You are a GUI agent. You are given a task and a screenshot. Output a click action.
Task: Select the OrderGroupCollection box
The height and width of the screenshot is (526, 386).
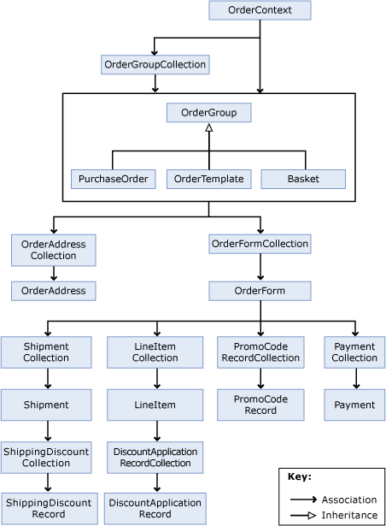pos(155,64)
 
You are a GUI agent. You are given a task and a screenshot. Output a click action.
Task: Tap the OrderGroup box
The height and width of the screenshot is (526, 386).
pos(208,113)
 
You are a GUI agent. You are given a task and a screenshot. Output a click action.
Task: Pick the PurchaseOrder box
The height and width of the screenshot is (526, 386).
pos(113,179)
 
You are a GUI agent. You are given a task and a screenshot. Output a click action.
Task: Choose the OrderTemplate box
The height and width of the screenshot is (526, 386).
pos(208,179)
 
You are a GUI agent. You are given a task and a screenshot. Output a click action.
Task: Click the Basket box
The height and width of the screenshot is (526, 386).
pos(303,179)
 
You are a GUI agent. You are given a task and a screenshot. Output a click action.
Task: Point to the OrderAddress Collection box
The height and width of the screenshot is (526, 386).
pos(54,250)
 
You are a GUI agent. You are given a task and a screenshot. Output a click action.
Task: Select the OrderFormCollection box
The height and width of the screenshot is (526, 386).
pos(260,245)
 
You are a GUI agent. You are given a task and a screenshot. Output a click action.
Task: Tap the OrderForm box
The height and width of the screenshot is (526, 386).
pos(260,291)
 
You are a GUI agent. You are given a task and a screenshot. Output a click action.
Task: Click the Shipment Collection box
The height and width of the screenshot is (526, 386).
pos(47,352)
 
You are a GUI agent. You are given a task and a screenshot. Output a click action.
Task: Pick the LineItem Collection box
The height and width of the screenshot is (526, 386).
pos(155,352)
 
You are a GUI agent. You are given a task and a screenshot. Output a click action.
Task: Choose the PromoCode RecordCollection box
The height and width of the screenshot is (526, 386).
pos(260,352)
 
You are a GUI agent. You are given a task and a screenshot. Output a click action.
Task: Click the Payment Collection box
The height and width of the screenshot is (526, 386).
pos(354,352)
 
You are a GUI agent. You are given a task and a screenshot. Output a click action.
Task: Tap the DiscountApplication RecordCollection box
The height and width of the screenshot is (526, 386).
pos(155,457)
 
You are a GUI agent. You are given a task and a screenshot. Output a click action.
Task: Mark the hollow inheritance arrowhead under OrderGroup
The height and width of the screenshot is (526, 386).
pos(208,127)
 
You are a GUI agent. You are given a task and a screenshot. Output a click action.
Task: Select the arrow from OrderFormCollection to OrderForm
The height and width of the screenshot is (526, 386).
pos(260,268)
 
